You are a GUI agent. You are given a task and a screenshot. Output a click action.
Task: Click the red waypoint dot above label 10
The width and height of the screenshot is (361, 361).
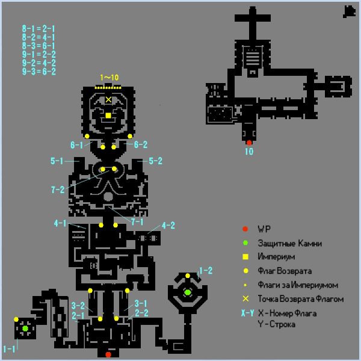tap(249, 143)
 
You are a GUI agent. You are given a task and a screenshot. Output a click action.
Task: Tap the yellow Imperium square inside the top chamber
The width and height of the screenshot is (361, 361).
tap(108, 116)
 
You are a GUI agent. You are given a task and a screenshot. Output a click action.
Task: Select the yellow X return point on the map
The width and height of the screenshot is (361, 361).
tap(108, 99)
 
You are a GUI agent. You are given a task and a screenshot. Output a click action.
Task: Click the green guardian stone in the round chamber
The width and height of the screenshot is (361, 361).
tap(188, 292)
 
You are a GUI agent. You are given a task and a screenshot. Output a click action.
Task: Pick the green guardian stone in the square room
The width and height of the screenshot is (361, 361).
tap(25, 329)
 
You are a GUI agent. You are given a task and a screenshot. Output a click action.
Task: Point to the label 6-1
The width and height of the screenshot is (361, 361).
tap(76, 145)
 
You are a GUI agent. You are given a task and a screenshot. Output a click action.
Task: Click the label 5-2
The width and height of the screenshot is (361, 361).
tap(156, 161)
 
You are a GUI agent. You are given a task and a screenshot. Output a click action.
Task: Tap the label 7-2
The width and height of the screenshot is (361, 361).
tap(58, 190)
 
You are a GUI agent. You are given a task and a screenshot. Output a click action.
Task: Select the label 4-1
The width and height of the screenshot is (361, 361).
tap(60, 223)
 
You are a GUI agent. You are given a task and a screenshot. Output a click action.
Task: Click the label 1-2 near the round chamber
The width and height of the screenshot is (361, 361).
tap(206, 271)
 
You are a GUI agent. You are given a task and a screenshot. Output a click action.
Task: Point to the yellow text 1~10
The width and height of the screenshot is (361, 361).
tap(110, 78)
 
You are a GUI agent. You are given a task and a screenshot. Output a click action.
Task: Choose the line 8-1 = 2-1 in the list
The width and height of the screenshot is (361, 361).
tap(39, 29)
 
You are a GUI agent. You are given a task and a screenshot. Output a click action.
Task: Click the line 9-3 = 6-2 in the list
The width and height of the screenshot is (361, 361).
tap(39, 72)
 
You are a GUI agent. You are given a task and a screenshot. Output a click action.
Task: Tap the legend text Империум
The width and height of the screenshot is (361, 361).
tap(276, 257)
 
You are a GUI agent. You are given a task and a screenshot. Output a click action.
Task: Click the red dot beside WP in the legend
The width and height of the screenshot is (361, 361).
tap(245, 229)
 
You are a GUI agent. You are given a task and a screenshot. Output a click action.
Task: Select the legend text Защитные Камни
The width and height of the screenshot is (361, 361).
tap(289, 243)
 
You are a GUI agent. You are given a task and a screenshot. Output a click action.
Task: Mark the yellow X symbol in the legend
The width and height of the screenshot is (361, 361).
tap(245, 298)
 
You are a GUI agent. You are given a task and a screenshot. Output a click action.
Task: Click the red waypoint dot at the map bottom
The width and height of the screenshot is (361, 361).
tap(108, 354)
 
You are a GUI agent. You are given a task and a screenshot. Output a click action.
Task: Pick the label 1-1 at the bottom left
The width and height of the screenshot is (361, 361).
tap(9, 349)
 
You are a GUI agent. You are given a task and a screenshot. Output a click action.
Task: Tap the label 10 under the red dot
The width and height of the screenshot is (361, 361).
tap(249, 152)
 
